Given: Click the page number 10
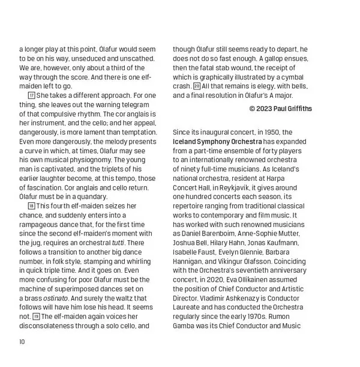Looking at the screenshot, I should click(22, 342).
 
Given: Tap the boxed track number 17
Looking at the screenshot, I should click(32, 96).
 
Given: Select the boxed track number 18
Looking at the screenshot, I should click(32, 206).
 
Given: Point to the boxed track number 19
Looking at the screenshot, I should click(36, 317).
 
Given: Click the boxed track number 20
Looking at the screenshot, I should click(197, 86).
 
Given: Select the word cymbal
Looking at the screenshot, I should click(293, 77).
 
